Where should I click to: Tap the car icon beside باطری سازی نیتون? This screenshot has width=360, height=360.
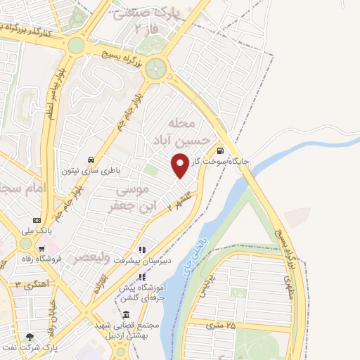91,160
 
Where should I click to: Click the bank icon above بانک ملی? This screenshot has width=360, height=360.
37,221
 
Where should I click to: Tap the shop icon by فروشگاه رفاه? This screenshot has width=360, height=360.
42,247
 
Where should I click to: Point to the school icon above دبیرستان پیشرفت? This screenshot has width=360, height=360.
142,249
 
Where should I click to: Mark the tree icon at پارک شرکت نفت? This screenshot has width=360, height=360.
30,337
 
